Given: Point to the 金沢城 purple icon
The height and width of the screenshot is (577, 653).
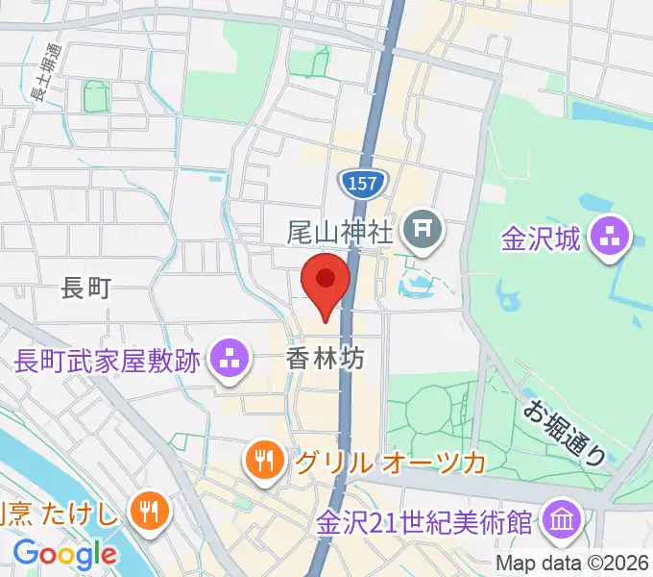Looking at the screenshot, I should [x=609, y=237].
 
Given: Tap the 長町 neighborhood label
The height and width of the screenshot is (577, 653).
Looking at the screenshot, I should [x=86, y=286].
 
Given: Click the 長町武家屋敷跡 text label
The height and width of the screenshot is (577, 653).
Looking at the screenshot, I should [x=108, y=361].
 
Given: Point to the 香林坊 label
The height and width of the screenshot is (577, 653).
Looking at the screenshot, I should [x=326, y=360].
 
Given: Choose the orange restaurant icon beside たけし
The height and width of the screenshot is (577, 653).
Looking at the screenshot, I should [x=148, y=510].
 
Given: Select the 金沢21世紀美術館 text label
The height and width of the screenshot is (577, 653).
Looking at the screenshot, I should [x=425, y=524].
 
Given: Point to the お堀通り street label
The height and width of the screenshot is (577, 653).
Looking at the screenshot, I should [x=564, y=433].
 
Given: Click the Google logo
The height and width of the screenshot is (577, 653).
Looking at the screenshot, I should [x=64, y=553].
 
